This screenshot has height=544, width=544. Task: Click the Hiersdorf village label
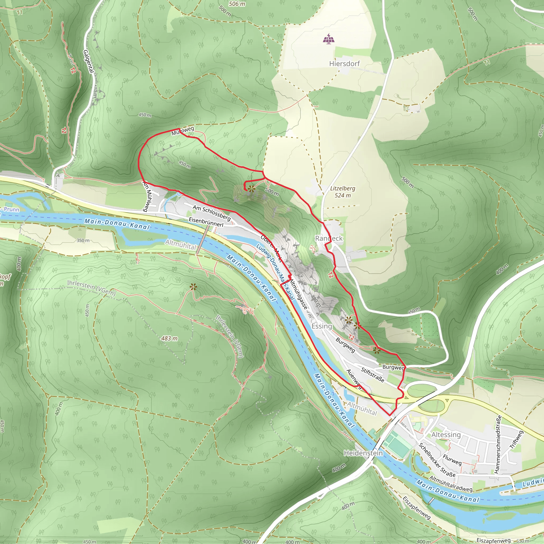tap(344, 64)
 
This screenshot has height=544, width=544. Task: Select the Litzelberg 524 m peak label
tap(343, 192)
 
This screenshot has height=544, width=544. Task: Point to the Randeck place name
tap(329, 238)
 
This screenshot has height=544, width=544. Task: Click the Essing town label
tap(322, 326)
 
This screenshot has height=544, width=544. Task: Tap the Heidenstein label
tap(363, 453)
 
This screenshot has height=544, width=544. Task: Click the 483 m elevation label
tap(169, 338)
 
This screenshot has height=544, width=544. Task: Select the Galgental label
tap(88, 61)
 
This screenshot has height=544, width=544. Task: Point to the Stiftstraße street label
tap(372, 375)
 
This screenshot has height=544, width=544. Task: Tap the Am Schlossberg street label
tap(211, 212)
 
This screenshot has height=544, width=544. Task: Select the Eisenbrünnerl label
tap(206, 222)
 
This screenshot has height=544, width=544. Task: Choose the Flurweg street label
tap(452, 460)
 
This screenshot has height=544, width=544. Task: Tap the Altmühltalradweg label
tap(451, 484)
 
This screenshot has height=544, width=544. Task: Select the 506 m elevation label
tap(237, 4)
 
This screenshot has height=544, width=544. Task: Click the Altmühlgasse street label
tap(299, 295)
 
